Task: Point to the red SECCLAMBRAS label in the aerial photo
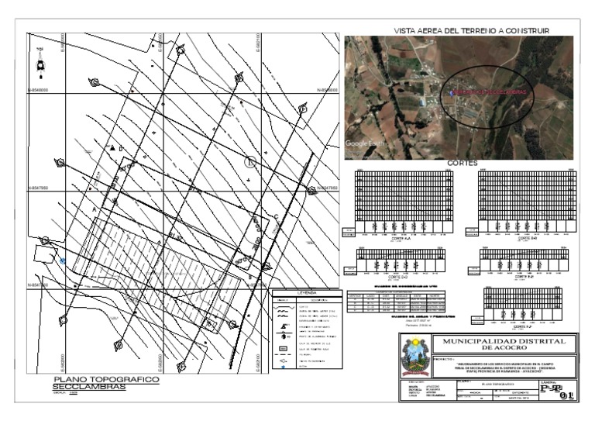coord(489,91)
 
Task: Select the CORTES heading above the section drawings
coord(462,164)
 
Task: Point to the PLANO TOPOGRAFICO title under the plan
coord(105,380)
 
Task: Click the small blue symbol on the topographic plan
coord(62,261)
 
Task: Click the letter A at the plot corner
coord(95,210)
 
